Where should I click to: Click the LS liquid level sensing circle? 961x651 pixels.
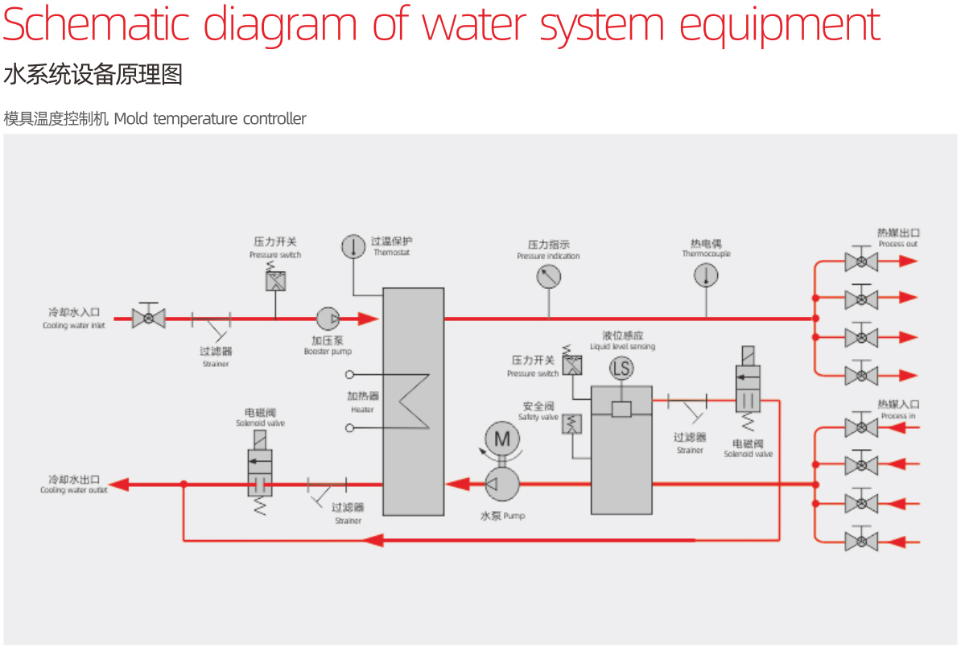621,369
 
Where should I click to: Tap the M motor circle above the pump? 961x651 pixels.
502,439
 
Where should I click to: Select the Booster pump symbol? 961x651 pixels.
327,319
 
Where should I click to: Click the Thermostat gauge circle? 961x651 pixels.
353,246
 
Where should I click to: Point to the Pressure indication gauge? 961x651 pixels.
548,277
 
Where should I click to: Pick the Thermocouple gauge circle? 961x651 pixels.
706,276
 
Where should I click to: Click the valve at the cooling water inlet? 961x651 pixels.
148,318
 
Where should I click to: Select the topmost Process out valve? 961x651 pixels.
861,262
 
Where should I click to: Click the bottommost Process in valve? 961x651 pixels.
861,540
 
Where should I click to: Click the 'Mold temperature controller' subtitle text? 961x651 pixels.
210,119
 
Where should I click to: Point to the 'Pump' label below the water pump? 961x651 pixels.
503,516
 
